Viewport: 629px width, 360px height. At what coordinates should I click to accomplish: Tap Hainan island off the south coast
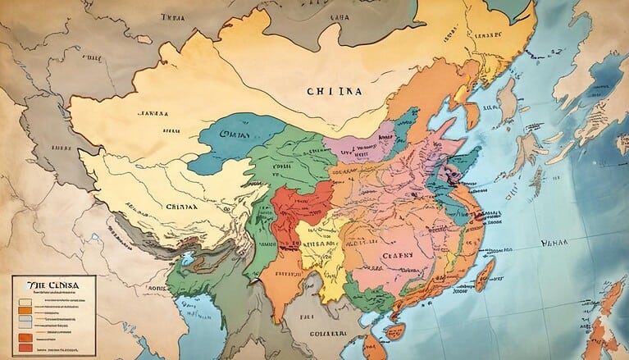tap(394, 331)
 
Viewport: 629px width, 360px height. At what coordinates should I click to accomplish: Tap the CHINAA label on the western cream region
tap(181, 208)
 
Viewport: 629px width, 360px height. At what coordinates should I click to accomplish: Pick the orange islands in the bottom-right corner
tap(607, 328)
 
